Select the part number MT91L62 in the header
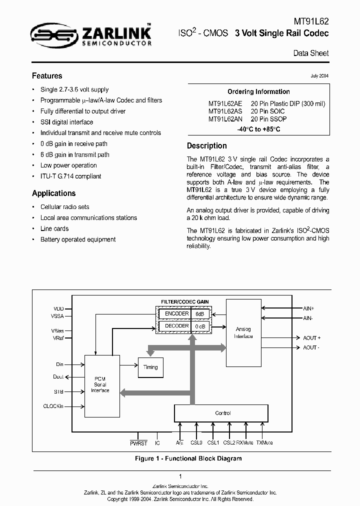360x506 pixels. pyautogui.click(x=311, y=22)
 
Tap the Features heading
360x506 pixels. pyautogui.click(x=47, y=76)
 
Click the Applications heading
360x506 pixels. pyautogui.click(x=54, y=193)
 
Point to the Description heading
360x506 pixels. pyautogui.click(x=206, y=146)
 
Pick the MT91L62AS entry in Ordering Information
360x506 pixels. pyautogui.click(x=225, y=111)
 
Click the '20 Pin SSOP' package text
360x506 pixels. pyautogui.click(x=269, y=119)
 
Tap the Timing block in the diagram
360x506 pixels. pyautogui.click(x=150, y=367)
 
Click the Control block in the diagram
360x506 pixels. pyautogui.click(x=222, y=413)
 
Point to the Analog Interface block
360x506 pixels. pyautogui.click(x=243, y=332)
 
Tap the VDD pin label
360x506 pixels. pyautogui.click(x=59, y=308)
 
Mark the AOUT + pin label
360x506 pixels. pyautogui.click(x=311, y=338)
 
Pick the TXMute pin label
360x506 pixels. pyautogui.click(x=264, y=443)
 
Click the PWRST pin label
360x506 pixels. pyautogui.click(x=138, y=443)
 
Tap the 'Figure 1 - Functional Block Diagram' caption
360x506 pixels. pyautogui.click(x=181, y=458)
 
